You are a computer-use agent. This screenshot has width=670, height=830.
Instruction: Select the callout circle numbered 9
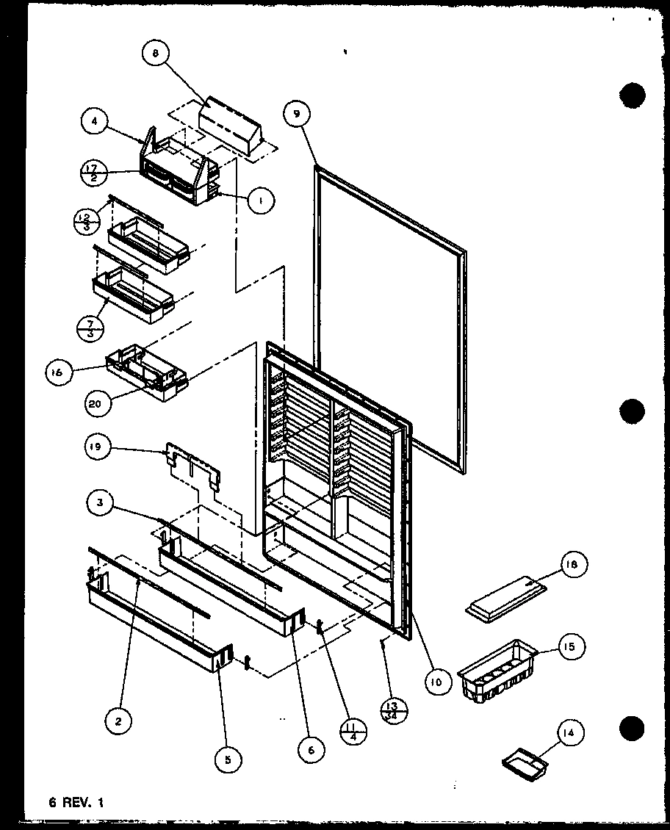coord(296,114)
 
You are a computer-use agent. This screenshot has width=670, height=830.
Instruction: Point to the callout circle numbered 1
coord(262,200)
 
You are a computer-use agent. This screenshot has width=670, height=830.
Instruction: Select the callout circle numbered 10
coord(437,682)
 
